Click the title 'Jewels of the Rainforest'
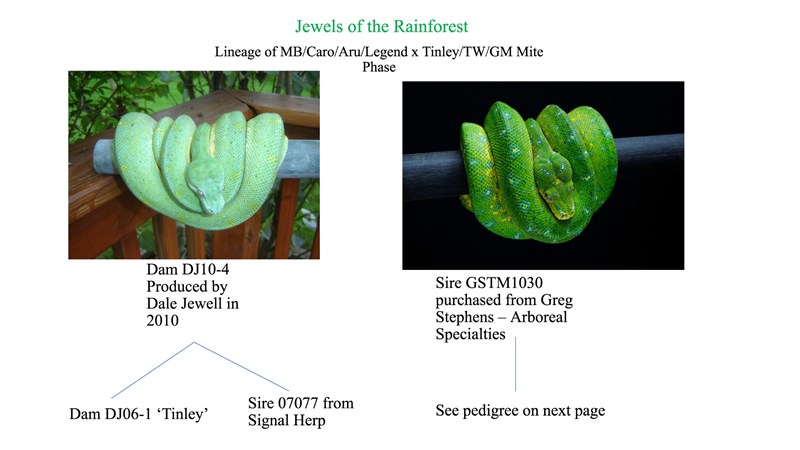point(382,27)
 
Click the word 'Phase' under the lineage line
point(379,67)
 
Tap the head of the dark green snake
point(557,195)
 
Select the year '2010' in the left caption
point(162,321)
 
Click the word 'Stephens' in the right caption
point(465,317)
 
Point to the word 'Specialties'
point(470,335)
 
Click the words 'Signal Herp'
point(287,421)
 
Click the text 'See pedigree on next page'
point(520,411)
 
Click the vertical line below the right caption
point(515,364)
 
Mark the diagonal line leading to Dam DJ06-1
point(153,370)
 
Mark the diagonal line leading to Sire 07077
point(241,366)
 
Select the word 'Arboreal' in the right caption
point(539,317)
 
